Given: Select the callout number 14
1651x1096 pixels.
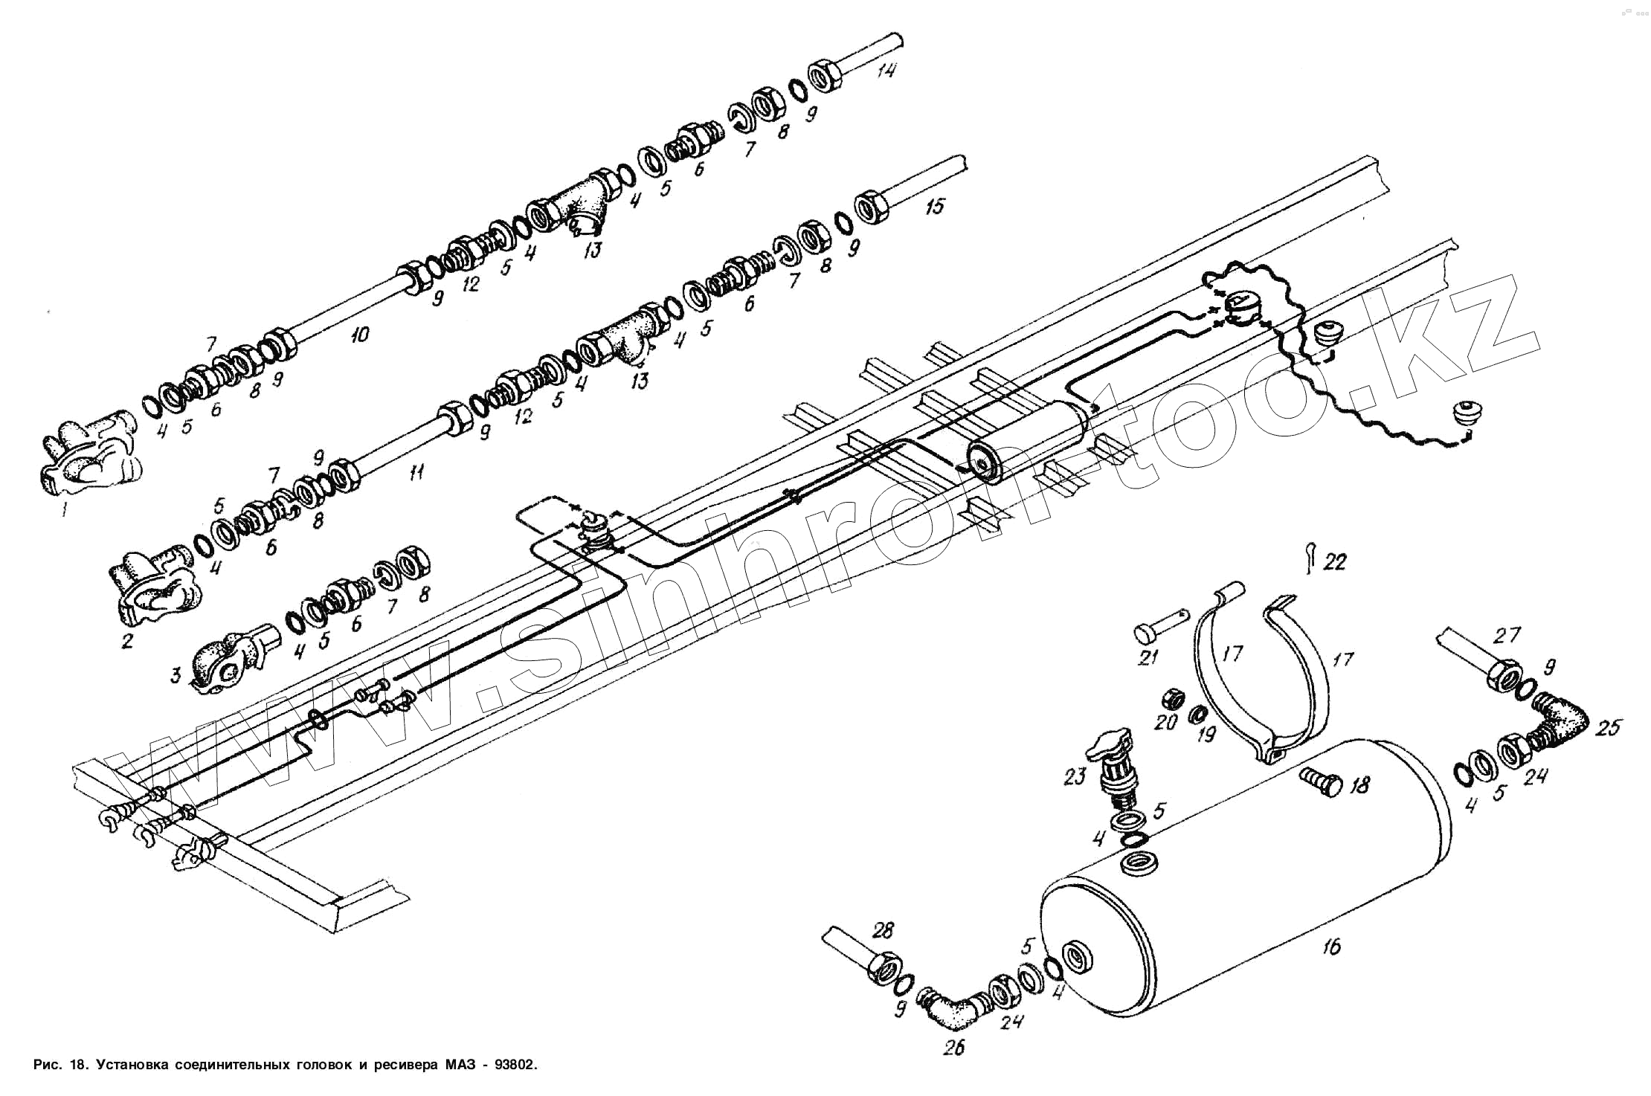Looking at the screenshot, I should click(x=886, y=71).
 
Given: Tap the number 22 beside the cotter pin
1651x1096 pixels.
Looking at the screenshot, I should click(x=1335, y=562).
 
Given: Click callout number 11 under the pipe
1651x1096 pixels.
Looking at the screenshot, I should click(x=417, y=471).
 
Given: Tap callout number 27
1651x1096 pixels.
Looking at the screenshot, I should click(x=1507, y=634).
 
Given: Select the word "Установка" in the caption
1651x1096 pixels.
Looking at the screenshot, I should click(x=132, y=1064).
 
